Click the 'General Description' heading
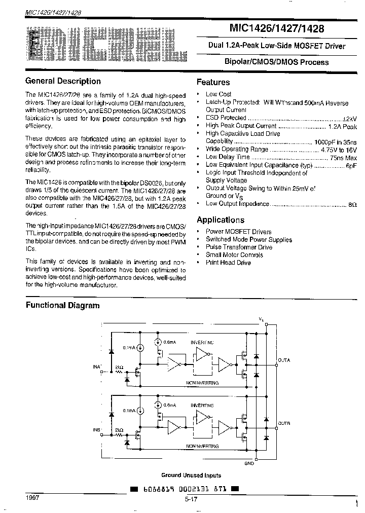(x=63, y=81)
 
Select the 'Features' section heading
(x=213, y=82)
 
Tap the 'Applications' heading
(x=220, y=220)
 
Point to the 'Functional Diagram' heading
(x=63, y=305)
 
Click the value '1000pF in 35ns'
(x=335, y=142)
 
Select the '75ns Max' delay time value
(x=343, y=157)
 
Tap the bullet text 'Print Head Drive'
(x=228, y=263)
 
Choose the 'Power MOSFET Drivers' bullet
(x=238, y=232)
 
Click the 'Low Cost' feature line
(x=218, y=94)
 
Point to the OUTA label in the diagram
(x=284, y=360)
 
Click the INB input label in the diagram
(x=97, y=430)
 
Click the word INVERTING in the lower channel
(x=202, y=406)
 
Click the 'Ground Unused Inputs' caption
(x=191, y=475)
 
